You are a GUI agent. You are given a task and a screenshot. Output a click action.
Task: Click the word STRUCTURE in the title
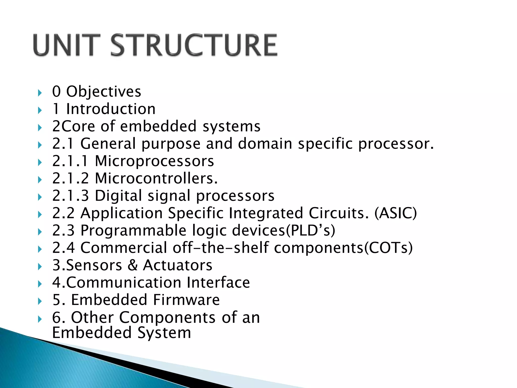click(x=194, y=45)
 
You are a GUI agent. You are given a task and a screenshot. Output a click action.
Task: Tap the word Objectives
click(x=104, y=91)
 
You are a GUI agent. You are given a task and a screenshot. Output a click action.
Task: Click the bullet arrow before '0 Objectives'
click(x=40, y=93)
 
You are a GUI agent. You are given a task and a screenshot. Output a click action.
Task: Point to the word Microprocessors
click(x=154, y=161)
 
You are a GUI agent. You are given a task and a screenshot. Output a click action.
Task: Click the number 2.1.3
click(x=70, y=196)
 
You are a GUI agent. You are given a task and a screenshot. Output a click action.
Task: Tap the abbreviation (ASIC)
click(x=395, y=213)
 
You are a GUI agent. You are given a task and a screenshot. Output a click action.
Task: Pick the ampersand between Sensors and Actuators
click(x=133, y=265)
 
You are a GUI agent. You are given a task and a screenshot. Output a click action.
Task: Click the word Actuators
click(x=177, y=265)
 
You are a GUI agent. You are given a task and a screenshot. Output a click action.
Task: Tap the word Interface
click(x=218, y=282)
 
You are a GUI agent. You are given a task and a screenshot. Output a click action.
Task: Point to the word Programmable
click(x=134, y=230)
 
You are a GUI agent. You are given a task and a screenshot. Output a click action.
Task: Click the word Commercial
click(x=124, y=248)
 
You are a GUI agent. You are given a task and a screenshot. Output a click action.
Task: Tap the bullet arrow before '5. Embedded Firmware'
click(x=40, y=301)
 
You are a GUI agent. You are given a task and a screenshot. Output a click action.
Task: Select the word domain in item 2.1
click(x=265, y=144)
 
